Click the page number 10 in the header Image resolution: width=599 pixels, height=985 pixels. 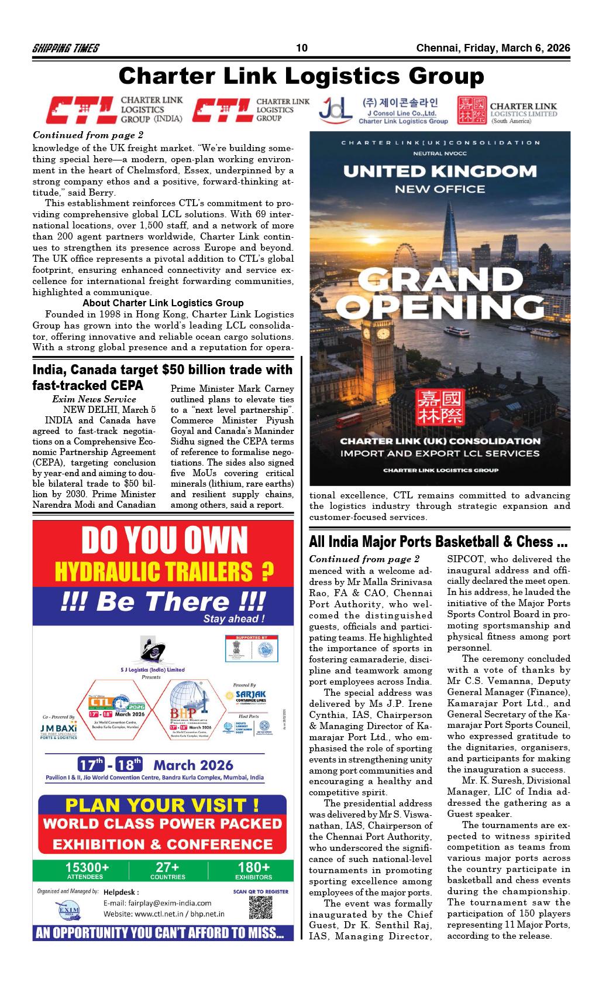coord(302,48)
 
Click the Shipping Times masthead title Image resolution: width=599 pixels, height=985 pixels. coord(66,49)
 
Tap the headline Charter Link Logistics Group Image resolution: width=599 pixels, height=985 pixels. coord(301,76)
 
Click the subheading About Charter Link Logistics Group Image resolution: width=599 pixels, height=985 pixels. coord(163,303)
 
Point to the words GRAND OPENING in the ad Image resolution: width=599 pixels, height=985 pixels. coord(440,292)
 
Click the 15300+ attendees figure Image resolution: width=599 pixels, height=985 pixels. coord(88,868)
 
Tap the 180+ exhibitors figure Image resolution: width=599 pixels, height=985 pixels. coord(253,868)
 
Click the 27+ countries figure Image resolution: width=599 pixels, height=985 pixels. coord(168,868)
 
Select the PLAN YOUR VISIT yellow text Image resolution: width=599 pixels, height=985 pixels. coord(163,804)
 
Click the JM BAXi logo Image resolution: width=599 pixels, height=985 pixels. coord(58,729)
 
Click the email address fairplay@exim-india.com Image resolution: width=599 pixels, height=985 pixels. coord(157,903)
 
